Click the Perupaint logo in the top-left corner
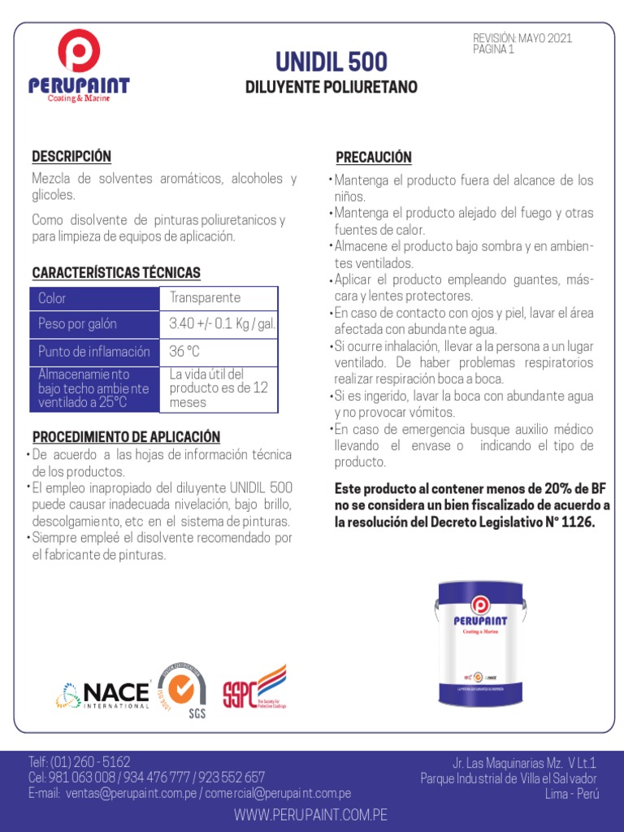tap(79, 67)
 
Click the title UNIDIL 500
tap(331, 62)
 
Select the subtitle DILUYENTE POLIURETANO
tap(331, 87)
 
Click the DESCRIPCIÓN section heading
tap(71, 156)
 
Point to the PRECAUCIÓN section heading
tap(374, 157)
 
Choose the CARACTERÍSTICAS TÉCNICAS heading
tap(116, 272)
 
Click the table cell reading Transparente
tap(205, 298)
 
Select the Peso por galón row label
tap(78, 324)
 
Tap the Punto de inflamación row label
tap(94, 352)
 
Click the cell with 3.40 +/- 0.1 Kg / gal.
tap(222, 324)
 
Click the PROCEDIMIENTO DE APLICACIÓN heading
tap(126, 436)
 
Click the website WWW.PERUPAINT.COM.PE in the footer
tap(311, 814)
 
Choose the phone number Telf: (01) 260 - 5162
tap(80, 762)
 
